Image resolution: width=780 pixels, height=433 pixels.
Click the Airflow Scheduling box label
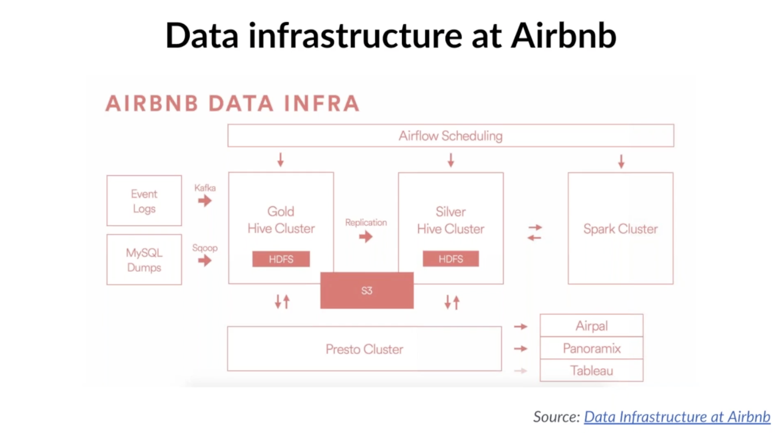coord(451,136)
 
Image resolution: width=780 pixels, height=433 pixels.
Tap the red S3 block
coord(367,290)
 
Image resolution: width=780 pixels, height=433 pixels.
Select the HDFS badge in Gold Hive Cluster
coord(281,259)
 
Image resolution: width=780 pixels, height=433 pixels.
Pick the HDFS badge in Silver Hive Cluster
coord(451,259)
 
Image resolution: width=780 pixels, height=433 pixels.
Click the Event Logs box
coord(144,201)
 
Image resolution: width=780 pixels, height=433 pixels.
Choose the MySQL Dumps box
coord(144,260)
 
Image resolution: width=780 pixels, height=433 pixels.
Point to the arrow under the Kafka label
coord(205,201)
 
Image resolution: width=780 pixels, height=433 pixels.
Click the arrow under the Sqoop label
coord(205,260)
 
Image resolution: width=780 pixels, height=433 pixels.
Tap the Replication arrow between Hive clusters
coord(365,236)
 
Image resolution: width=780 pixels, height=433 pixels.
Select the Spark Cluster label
coord(620,229)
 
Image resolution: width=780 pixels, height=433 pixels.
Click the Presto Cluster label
coord(364,349)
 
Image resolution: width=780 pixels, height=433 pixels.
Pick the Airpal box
coord(592,326)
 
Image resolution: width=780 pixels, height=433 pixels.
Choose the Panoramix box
coord(592,348)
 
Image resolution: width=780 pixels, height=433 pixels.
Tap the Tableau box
coord(592,371)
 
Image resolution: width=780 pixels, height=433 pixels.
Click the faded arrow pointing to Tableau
coord(521,371)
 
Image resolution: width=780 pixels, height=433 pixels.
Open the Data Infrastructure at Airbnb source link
coord(677,417)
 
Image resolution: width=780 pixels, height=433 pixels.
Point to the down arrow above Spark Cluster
coord(621,162)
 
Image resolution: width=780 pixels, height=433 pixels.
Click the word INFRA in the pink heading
coord(322,104)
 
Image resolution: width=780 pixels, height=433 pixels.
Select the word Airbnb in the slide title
coord(564,36)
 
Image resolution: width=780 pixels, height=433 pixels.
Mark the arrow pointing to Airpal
coord(521,327)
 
